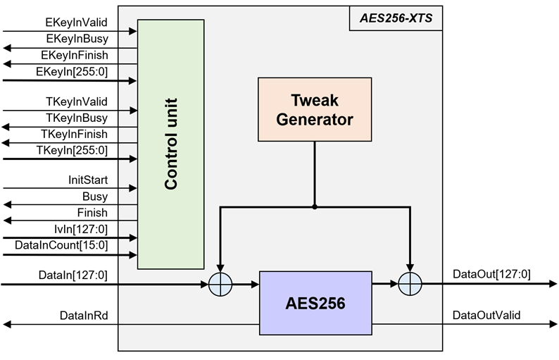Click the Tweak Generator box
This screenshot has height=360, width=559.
click(315, 111)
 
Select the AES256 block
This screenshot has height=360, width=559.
click(316, 304)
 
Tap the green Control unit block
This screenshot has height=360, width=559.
click(170, 144)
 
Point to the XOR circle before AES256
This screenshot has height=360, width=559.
click(220, 285)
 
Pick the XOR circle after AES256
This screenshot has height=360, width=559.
click(409, 285)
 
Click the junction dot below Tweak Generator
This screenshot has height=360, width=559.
click(315, 207)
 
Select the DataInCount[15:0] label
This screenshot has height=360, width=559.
click(61, 244)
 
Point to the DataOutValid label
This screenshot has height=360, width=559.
click(486, 315)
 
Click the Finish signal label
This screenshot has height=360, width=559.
click(92, 212)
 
